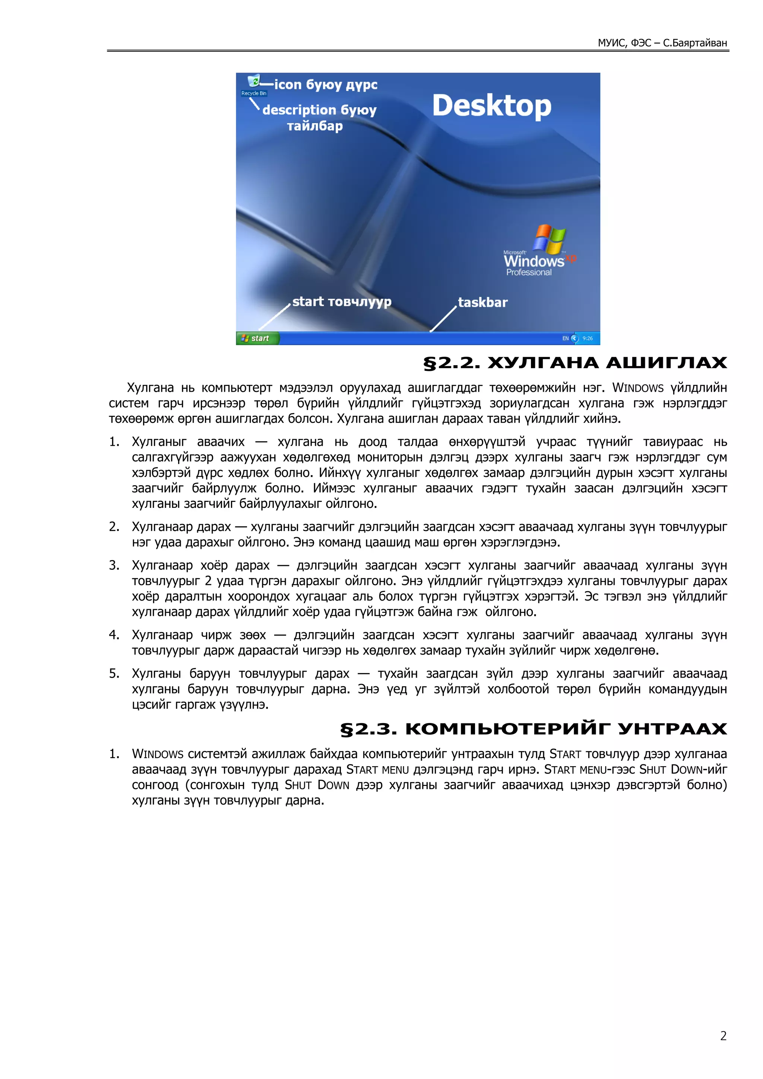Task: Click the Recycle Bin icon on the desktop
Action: tap(254, 81)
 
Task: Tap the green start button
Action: tap(257, 338)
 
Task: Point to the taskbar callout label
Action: tap(482, 302)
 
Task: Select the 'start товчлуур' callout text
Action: tap(341, 301)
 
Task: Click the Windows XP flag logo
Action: tap(549, 238)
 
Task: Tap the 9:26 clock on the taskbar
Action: tap(587, 338)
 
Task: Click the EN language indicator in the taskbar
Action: tap(565, 338)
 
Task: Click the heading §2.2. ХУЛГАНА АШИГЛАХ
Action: tap(574, 363)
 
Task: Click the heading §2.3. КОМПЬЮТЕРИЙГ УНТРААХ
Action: tap(533, 728)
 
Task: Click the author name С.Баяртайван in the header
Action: tap(695, 43)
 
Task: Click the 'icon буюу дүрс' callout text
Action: tap(325, 85)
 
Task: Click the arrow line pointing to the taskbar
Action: tap(443, 319)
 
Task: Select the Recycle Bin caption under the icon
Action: tap(254, 93)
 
